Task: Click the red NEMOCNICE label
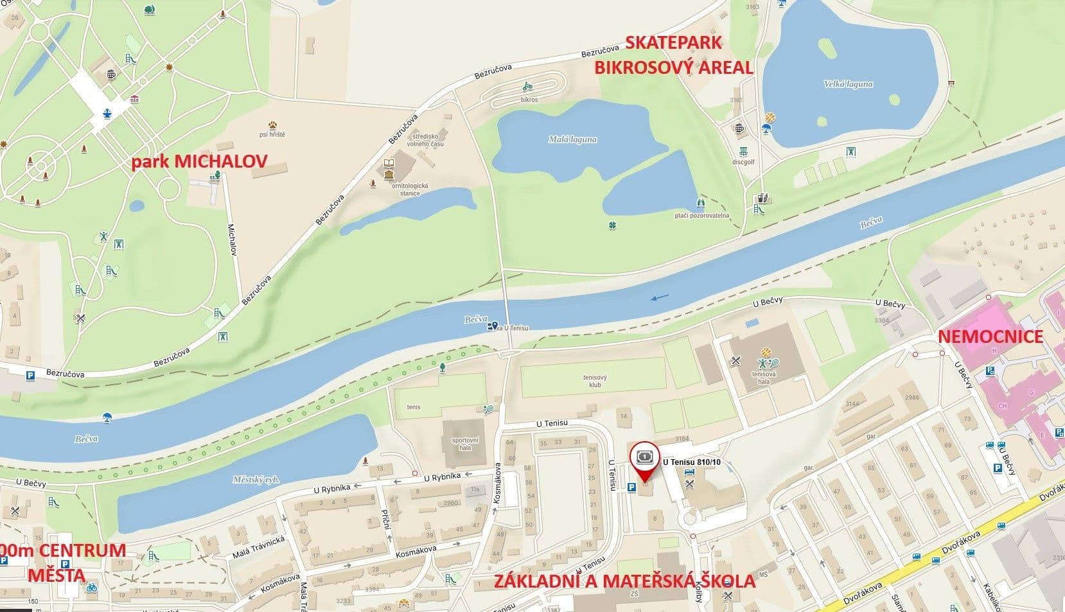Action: [x=990, y=337]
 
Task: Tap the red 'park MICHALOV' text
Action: [x=199, y=161]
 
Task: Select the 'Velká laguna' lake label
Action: [x=848, y=84]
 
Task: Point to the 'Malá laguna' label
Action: [x=572, y=139]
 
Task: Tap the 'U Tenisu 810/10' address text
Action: [x=691, y=461]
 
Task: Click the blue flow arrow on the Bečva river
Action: [x=659, y=297]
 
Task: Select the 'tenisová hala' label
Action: [x=764, y=377]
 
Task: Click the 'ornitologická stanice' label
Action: [x=410, y=189]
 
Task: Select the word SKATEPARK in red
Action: [x=673, y=43]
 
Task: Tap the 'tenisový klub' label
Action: [x=594, y=381]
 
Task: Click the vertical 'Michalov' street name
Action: [x=233, y=240]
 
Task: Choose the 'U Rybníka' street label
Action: [x=442, y=476]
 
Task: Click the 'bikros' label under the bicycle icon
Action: [x=529, y=100]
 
